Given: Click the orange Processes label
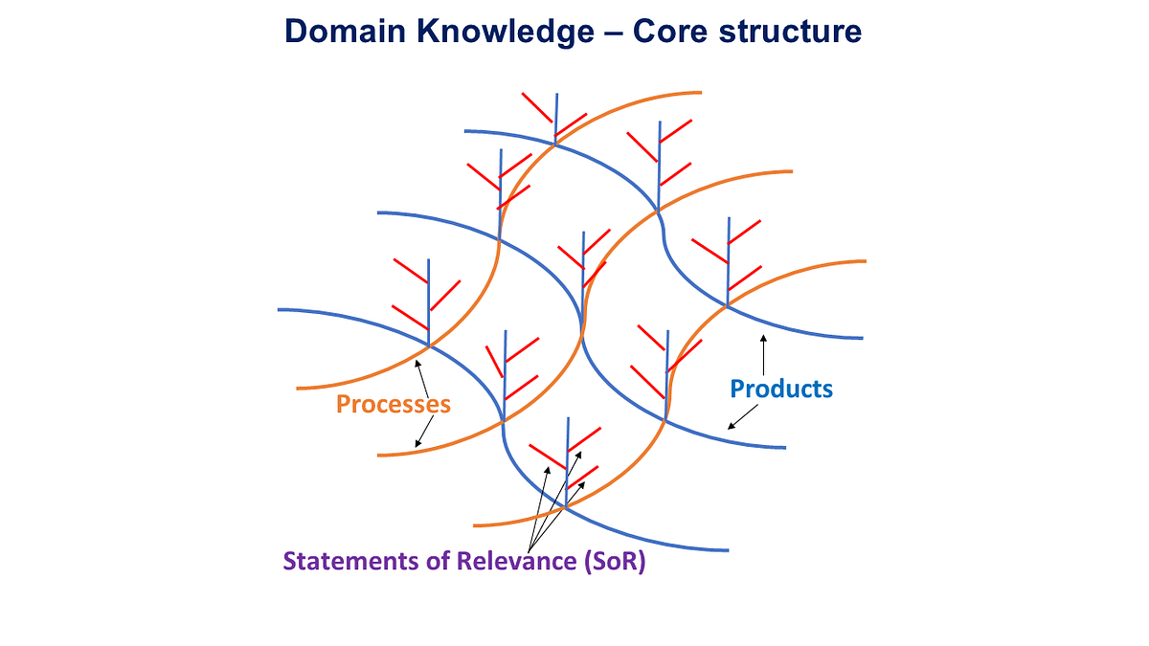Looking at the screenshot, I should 393,404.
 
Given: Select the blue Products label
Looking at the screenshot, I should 781,389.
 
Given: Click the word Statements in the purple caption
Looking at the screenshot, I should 349,563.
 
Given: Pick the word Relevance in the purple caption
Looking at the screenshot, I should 516,563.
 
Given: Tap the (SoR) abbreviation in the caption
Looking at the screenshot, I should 614,563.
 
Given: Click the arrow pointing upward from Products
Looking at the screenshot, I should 763,353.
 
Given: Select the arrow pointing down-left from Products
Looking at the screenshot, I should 743,416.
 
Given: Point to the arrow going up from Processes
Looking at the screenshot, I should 420,373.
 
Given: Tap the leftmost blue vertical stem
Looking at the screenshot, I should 428,301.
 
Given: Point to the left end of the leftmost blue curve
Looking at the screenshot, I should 281,309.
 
